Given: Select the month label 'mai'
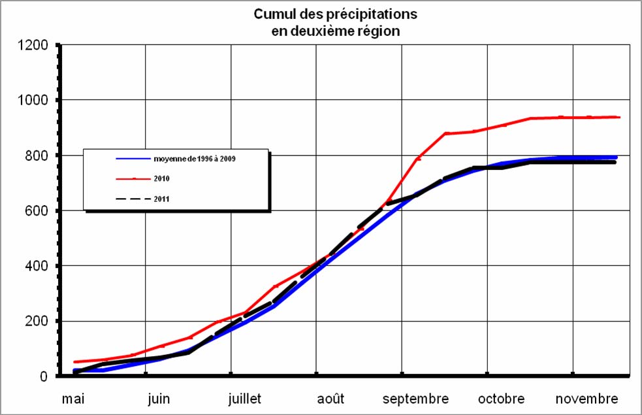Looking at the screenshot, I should pos(72,399).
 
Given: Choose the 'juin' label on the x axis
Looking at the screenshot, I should pos(159,399).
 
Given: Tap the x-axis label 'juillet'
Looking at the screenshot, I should pos(245,399).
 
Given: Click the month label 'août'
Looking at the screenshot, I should pos(331,399).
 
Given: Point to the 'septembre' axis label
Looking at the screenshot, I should pos(416,399).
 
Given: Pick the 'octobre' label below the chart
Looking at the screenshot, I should pos(502,399).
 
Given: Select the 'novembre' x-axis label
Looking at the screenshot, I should pos(587,399).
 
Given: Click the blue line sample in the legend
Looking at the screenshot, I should pos(133,159).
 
